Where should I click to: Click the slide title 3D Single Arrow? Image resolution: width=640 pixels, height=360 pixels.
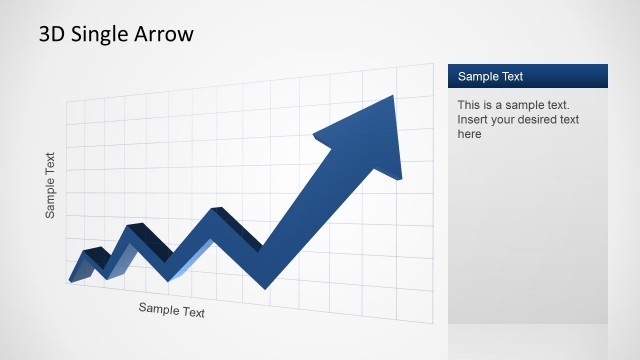click(x=116, y=34)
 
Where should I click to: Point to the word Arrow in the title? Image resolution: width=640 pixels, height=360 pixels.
click(x=166, y=34)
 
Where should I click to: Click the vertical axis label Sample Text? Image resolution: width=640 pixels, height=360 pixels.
click(x=50, y=185)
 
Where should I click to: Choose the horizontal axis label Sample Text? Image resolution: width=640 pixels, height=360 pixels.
click(x=171, y=310)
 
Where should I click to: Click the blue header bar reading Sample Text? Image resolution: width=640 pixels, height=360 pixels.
click(x=527, y=76)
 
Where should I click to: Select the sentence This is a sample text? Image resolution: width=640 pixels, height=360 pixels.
click(x=513, y=104)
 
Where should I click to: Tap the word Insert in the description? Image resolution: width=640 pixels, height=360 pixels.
click(x=473, y=119)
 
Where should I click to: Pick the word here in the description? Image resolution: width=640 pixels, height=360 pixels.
click(x=470, y=134)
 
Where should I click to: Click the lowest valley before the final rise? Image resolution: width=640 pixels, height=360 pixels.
click(x=265, y=286)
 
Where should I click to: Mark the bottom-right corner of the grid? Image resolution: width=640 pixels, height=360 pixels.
click(x=433, y=323)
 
